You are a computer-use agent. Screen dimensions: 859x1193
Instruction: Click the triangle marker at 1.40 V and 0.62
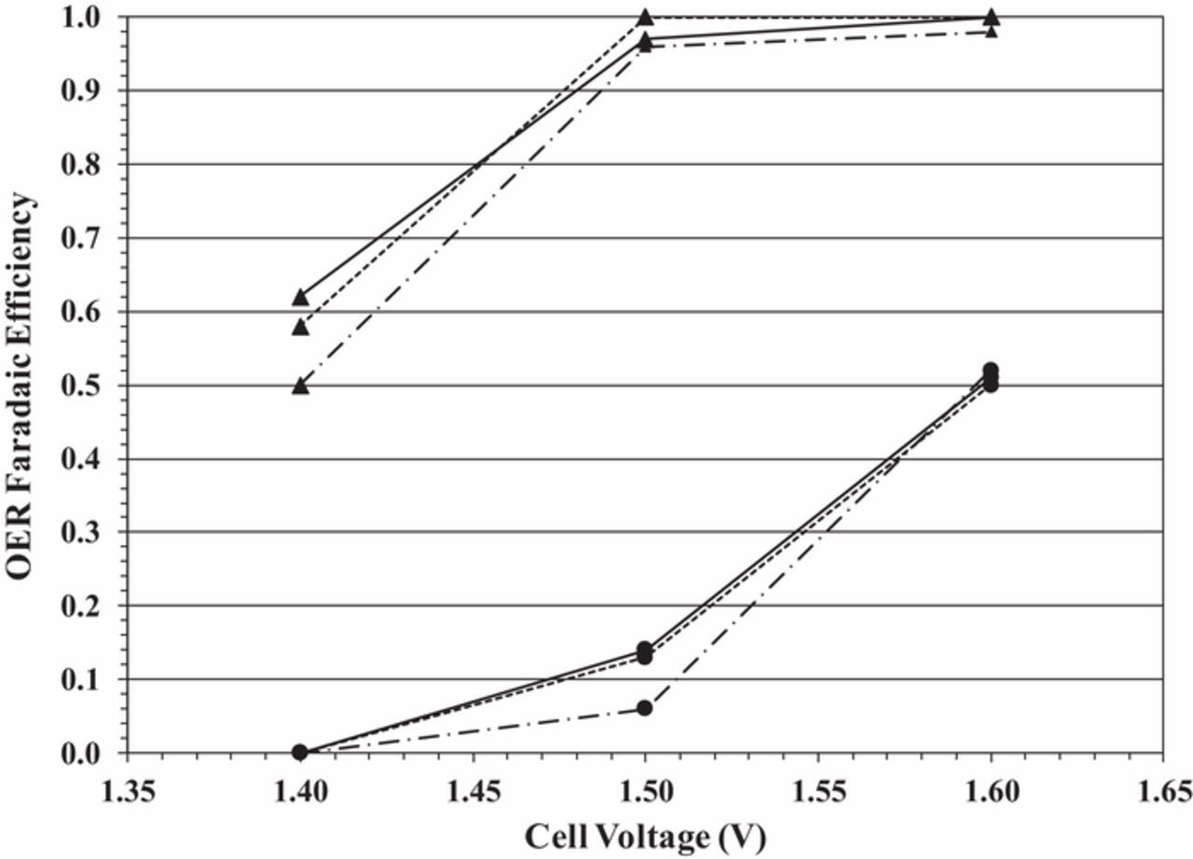click(299, 297)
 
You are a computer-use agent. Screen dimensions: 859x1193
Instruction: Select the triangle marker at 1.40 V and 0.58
click(299, 327)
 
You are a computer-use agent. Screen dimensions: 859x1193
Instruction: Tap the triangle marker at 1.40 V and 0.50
click(299, 386)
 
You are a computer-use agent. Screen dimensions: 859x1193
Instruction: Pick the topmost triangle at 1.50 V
click(645, 17)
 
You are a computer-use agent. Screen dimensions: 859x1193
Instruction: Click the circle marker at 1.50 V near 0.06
click(644, 708)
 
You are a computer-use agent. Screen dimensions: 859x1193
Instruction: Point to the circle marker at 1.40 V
click(299, 751)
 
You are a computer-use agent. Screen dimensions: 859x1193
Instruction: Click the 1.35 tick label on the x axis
click(127, 792)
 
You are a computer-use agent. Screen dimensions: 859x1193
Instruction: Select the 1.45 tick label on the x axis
click(472, 792)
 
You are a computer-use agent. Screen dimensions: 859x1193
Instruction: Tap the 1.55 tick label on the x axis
click(816, 792)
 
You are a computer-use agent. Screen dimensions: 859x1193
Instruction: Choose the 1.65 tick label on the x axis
click(1161, 792)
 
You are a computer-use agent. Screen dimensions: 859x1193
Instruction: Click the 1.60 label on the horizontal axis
click(989, 792)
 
